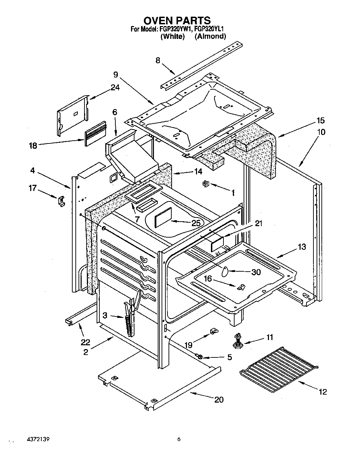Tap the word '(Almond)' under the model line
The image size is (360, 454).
coord(210,36)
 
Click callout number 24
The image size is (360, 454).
coord(115,88)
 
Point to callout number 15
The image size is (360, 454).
coord(320,121)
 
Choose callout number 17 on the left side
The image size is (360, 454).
coord(32,188)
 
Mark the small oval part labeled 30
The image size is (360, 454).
coord(224,271)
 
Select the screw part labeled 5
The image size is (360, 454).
coord(199,356)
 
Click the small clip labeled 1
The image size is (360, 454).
coord(205,184)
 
